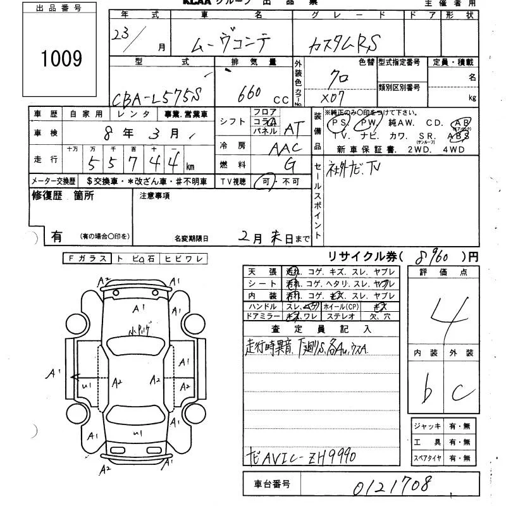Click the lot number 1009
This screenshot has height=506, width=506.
(x=61, y=59)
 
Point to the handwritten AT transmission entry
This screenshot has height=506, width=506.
(x=292, y=129)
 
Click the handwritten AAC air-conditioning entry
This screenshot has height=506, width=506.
(x=284, y=148)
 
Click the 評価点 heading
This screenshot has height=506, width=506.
(x=447, y=272)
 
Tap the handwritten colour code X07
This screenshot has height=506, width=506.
(x=334, y=100)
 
